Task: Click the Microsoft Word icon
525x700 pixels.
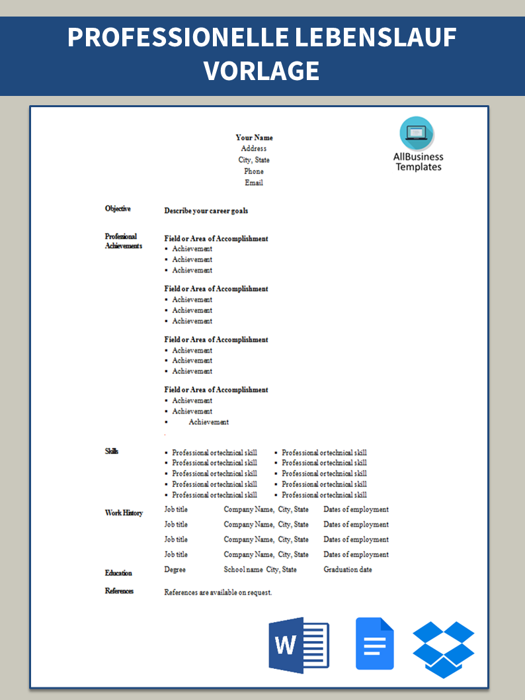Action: pos(298,644)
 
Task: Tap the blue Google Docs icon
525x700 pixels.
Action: pos(375,644)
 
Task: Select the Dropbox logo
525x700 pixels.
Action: pos(444,649)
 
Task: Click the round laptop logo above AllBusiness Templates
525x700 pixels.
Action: pos(417,134)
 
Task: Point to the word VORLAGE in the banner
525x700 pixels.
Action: pos(262,70)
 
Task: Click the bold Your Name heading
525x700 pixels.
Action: pos(254,138)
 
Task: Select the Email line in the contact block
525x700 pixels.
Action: pos(254,183)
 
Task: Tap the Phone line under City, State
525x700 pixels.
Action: pos(254,171)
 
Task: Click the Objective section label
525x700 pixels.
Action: pos(118,209)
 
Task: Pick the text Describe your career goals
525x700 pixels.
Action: pos(206,211)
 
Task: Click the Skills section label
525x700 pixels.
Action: pos(112,452)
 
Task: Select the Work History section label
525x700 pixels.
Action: pos(124,513)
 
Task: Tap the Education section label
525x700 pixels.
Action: pos(118,573)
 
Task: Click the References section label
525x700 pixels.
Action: pos(119,591)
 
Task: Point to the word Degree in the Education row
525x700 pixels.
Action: pos(175,570)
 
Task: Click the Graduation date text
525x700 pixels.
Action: pos(348,570)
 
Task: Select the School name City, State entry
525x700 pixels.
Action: pos(260,570)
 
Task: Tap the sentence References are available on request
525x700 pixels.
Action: pos(218,593)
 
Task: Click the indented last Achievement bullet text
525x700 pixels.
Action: pos(209,422)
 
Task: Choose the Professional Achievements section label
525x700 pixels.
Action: pos(124,241)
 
